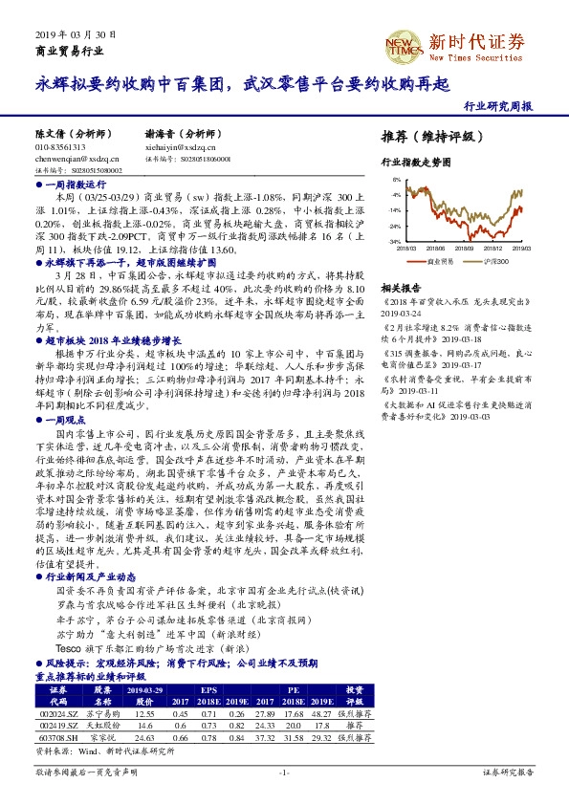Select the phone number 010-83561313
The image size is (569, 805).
(x=60, y=148)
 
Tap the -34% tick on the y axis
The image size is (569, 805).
(x=394, y=242)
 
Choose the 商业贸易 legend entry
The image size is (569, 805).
(x=437, y=259)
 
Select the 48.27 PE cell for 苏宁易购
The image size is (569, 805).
(x=318, y=713)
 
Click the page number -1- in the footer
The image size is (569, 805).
(x=284, y=772)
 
